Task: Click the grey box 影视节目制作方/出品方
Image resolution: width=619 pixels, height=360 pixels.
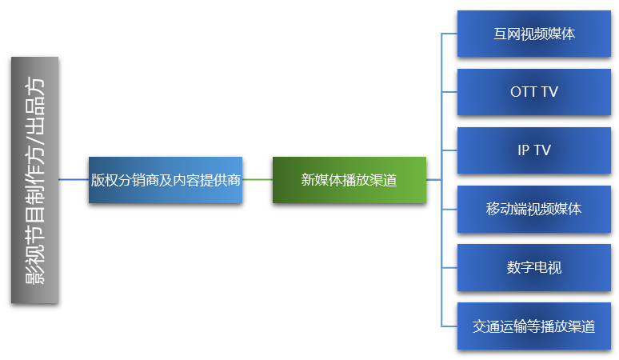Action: [35, 180]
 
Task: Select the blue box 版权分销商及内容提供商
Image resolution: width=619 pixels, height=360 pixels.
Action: [166, 180]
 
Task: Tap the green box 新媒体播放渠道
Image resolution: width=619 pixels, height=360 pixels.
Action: [349, 180]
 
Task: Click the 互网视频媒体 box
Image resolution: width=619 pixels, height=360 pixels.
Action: [533, 34]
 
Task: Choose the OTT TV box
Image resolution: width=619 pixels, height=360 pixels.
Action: [533, 92]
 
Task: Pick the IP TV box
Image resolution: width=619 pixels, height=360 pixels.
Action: [533, 150]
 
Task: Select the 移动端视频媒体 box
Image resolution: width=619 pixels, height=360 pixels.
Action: [533, 210]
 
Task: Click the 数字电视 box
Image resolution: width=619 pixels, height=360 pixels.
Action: [533, 267]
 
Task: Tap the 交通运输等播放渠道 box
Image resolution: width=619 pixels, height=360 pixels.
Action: [533, 326]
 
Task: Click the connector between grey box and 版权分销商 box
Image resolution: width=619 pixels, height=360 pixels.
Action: [74, 180]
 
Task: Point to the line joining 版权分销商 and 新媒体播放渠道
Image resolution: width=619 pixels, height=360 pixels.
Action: [257, 180]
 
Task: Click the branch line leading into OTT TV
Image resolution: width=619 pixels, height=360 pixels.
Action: [449, 92]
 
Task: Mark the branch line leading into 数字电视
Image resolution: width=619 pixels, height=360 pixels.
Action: [449, 267]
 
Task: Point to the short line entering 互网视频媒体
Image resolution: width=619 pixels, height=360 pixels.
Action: [449, 34]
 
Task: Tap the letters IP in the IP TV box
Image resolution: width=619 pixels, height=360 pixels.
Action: [523, 150]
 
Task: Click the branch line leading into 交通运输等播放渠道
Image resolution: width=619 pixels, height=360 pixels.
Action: [449, 326]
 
